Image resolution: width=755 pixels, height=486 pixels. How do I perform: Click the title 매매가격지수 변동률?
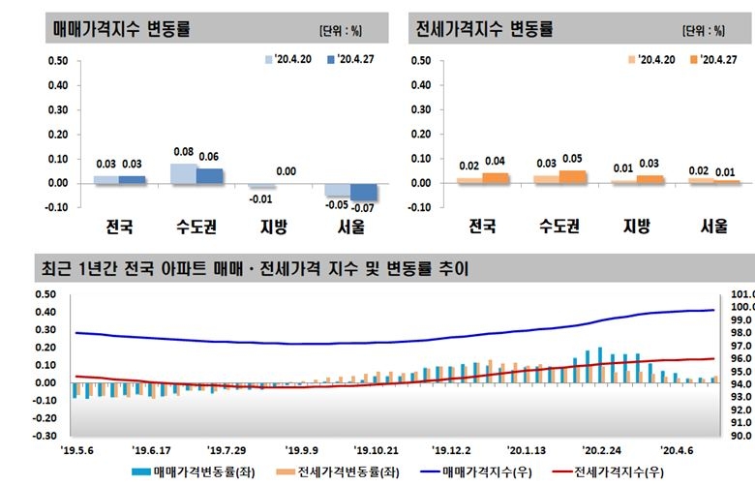(x=121, y=29)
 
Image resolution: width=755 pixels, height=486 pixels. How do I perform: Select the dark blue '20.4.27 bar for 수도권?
(x=210, y=175)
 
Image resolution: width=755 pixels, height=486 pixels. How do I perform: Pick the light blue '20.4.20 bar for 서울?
(x=338, y=190)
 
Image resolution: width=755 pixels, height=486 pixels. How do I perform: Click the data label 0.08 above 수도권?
(x=184, y=153)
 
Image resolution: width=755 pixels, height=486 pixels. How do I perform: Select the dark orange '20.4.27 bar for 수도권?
(x=573, y=176)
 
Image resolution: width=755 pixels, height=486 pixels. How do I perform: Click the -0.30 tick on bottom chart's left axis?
(x=45, y=436)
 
